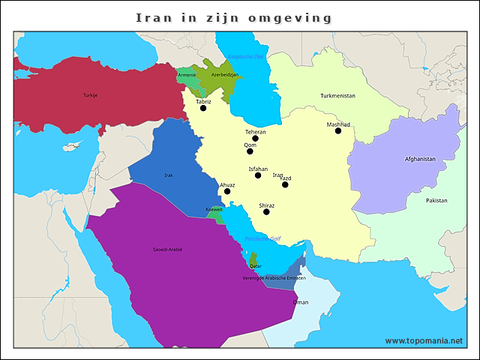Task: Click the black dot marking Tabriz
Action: pyautogui.click(x=203, y=108)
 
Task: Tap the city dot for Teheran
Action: pyautogui.click(x=256, y=138)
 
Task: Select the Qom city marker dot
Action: pyautogui.click(x=250, y=151)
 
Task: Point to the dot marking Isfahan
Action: pyautogui.click(x=258, y=175)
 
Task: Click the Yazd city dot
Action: pyautogui.click(x=285, y=184)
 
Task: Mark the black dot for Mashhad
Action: pyautogui.click(x=338, y=130)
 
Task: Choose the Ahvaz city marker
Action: pyautogui.click(x=227, y=191)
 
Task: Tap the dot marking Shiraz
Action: pyautogui.click(x=266, y=211)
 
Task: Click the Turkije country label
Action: pyautogui.click(x=90, y=95)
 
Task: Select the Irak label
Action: pyautogui.click(x=169, y=175)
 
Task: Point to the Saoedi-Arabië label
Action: pyautogui.click(x=167, y=249)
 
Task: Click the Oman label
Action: pyautogui.click(x=300, y=302)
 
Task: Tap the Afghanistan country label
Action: pyautogui.click(x=420, y=159)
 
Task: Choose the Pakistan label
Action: pyautogui.click(x=436, y=200)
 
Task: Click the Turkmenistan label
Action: pyautogui.click(x=337, y=96)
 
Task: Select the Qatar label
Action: pyautogui.click(x=256, y=266)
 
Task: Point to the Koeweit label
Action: pyautogui.click(x=214, y=209)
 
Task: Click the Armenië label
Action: pyautogui.click(x=187, y=75)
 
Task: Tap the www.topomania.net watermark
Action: pyautogui.click(x=424, y=340)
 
